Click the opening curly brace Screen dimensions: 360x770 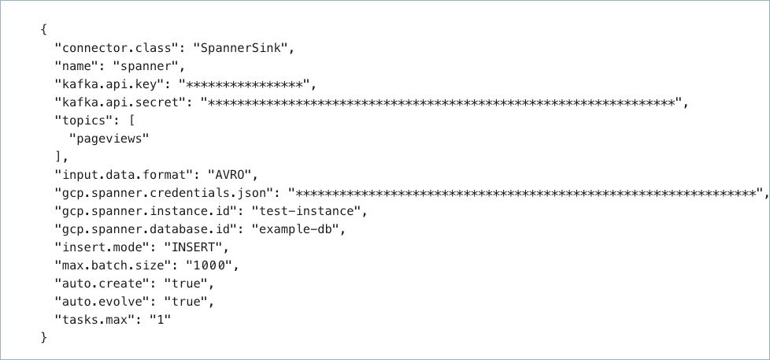43,30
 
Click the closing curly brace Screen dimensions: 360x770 43,337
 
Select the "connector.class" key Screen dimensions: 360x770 116,48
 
